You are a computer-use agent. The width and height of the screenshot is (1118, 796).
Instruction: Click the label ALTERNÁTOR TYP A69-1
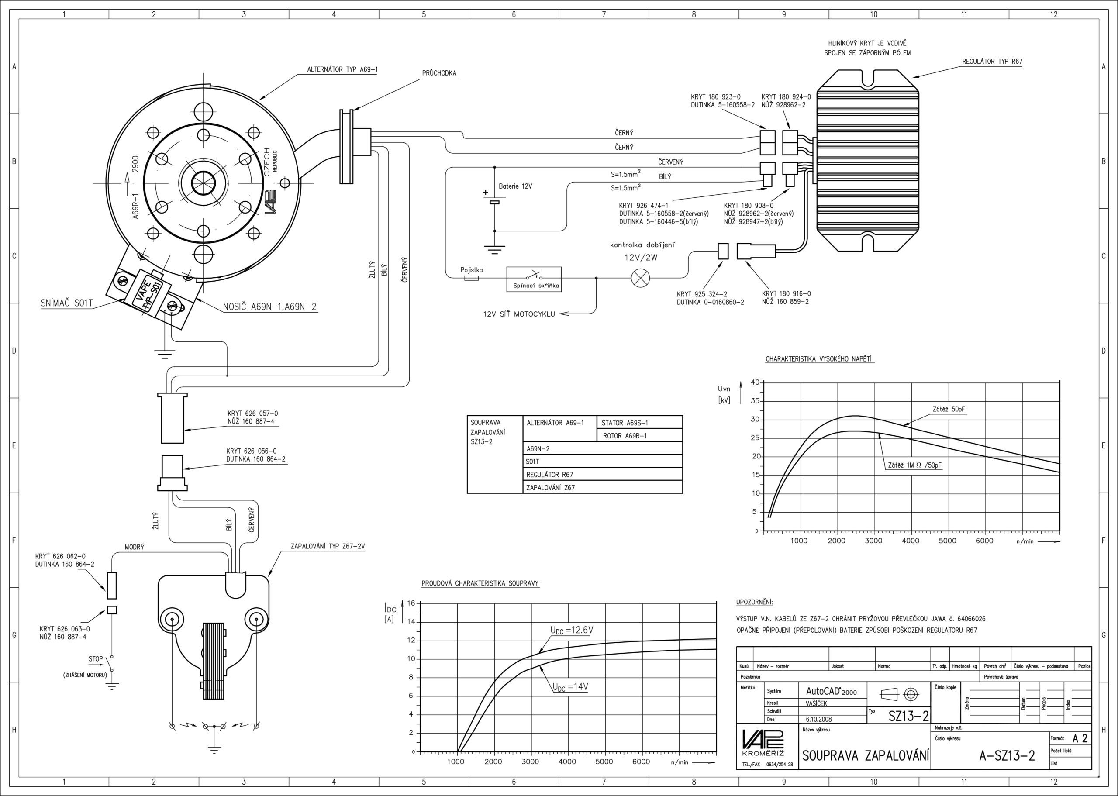(342, 69)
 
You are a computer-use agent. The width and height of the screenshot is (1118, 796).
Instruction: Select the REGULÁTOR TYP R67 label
(992, 62)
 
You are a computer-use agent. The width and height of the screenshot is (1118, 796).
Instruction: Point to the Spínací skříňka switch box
(534, 279)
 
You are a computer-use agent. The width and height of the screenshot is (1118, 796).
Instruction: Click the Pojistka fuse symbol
(471, 278)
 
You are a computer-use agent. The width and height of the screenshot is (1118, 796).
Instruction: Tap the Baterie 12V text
(515, 186)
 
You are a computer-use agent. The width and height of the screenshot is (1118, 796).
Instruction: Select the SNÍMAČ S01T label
(67, 303)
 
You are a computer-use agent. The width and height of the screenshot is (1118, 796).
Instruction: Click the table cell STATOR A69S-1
(625, 423)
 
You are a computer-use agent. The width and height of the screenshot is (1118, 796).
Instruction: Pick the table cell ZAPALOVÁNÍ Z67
(550, 488)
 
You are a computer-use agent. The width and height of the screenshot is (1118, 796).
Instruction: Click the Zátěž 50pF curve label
(949, 409)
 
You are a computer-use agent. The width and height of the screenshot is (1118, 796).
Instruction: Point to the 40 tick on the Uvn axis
(755, 382)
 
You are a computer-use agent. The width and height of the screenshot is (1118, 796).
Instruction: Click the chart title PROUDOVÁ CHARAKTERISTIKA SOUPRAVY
(480, 583)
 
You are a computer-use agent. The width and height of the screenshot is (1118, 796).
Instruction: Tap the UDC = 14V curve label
(570, 687)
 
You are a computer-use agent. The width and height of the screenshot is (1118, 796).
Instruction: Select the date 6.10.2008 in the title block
(818, 720)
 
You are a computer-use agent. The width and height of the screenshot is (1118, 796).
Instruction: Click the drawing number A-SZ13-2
(1007, 756)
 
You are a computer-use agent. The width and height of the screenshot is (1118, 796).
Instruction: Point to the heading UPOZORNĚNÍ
(754, 602)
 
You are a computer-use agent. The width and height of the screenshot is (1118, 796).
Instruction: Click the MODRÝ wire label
(135, 547)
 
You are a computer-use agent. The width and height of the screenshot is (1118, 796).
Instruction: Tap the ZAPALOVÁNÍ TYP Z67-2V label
(328, 547)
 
